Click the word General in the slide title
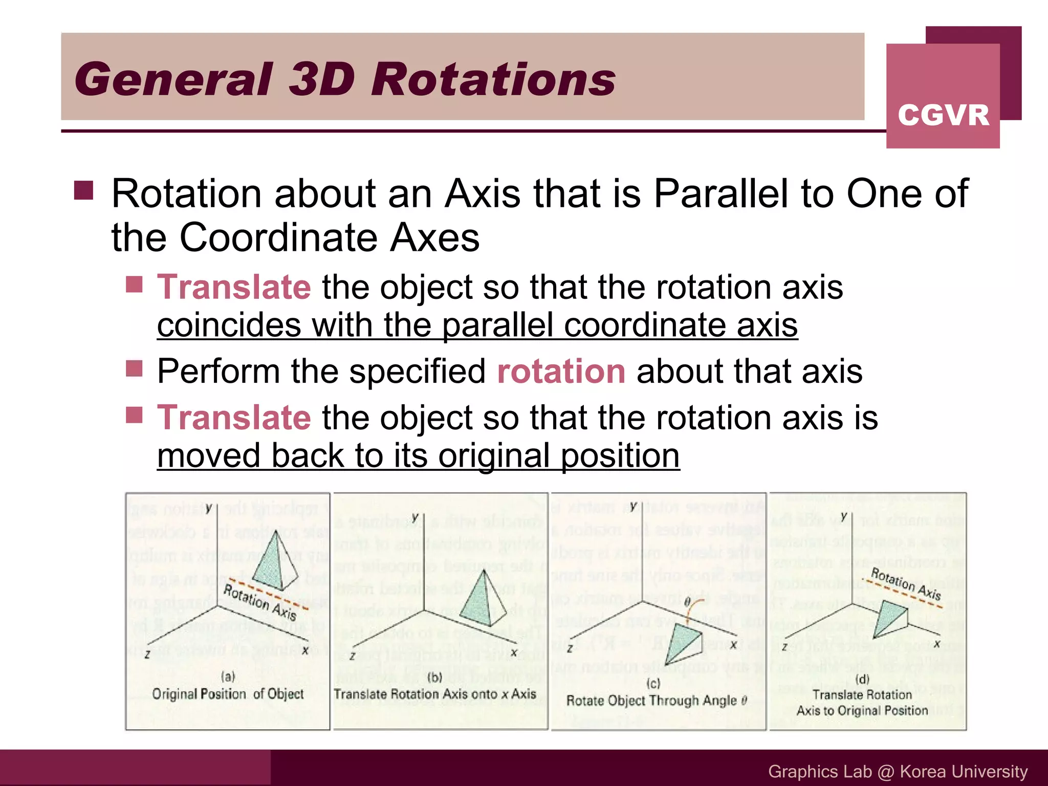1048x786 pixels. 174,79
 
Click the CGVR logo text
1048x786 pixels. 943,115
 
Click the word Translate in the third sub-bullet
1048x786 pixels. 234,418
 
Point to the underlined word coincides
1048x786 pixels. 229,325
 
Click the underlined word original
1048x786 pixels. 494,456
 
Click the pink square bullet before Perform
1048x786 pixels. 134,368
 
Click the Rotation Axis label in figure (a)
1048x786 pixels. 260,603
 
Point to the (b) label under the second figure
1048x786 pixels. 434,678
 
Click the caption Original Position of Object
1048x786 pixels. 228,694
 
